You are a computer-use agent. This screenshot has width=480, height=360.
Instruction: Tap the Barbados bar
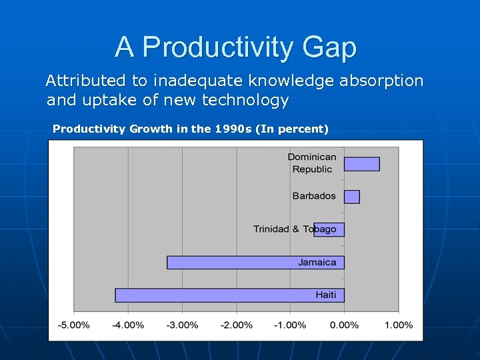pyautogui.click(x=351, y=197)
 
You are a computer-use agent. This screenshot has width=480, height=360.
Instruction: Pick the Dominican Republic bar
pyautogui.click(x=361, y=164)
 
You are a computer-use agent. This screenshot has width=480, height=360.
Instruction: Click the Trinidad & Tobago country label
pyautogui.click(x=295, y=229)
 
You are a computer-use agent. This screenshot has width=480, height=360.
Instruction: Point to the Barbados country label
pyautogui.click(x=314, y=197)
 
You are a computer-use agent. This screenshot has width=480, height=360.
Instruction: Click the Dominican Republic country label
pyautogui.click(x=312, y=163)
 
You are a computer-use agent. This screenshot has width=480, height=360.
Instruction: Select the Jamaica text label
pyautogui.click(x=317, y=262)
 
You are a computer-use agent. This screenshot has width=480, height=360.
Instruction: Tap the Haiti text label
pyautogui.click(x=326, y=295)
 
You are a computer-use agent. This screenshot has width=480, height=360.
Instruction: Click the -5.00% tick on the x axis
pyautogui.click(x=73, y=325)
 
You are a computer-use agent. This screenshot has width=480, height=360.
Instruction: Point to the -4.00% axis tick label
pyautogui.click(x=128, y=325)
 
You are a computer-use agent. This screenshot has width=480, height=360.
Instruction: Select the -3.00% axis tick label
pyautogui.click(x=182, y=325)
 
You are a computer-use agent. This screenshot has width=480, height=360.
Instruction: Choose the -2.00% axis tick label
pyautogui.click(x=236, y=325)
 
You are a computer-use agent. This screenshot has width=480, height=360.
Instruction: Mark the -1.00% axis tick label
pyautogui.click(x=290, y=325)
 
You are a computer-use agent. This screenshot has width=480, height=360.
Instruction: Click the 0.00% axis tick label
pyautogui.click(x=345, y=325)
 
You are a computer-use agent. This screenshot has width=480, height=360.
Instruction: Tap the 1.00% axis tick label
pyautogui.click(x=399, y=325)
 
